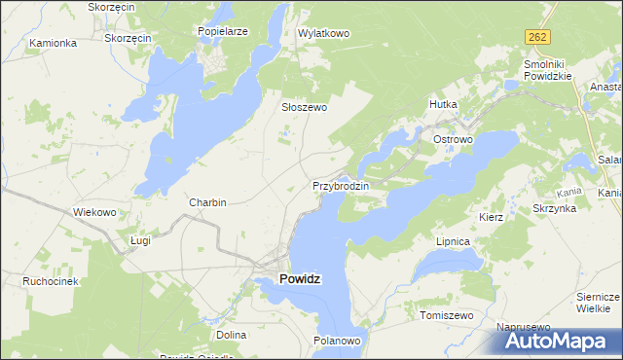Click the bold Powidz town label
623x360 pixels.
301,278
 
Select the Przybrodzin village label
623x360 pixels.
340,185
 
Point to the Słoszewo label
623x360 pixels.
304,108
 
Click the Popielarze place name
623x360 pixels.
223,31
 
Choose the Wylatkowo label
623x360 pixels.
323,33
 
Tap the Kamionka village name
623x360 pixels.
53,43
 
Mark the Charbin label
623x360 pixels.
208,202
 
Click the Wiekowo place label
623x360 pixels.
95,211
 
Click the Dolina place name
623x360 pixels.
231,335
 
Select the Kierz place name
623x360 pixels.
491,217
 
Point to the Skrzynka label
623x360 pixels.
555,208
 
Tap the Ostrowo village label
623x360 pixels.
453,140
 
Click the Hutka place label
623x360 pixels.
443,103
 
